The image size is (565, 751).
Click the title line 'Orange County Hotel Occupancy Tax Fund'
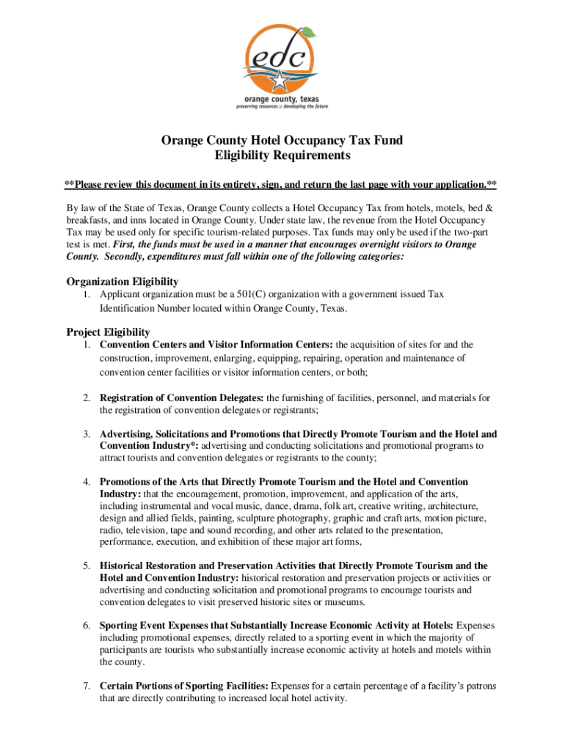[282, 140]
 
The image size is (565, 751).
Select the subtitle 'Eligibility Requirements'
[282, 155]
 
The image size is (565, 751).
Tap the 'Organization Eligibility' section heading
[123, 282]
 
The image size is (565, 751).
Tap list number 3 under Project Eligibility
[86, 434]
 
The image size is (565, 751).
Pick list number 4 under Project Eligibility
[86, 482]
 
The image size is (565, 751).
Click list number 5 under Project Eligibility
[86, 566]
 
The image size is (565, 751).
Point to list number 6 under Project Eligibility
[86, 626]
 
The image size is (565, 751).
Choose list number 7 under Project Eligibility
[86, 686]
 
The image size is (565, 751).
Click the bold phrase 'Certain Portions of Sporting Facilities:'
[184, 686]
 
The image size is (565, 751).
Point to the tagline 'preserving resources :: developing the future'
[282, 106]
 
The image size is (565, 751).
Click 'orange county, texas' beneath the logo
[282, 98]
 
